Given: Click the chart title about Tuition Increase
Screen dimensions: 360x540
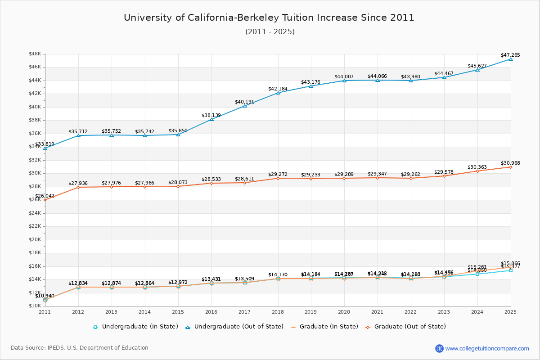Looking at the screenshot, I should [269, 18].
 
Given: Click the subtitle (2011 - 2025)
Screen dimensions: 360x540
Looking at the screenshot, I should [270, 32].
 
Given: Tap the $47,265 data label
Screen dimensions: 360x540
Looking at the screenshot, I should [510, 55].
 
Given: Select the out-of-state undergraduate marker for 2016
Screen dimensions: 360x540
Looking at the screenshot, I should [211, 119].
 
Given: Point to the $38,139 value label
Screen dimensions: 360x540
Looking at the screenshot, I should [211, 115].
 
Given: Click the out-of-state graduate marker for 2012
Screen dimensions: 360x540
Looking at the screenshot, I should [78, 187].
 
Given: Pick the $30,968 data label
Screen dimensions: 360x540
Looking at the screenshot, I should [510, 163].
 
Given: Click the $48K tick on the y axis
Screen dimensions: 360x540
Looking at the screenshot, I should [35, 54].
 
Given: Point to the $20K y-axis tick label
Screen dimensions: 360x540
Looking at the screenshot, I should [35, 240].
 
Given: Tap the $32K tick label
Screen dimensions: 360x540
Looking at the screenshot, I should [35, 160].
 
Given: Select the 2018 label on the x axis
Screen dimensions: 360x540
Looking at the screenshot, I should [278, 312].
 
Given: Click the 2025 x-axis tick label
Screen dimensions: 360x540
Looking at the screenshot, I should [510, 312].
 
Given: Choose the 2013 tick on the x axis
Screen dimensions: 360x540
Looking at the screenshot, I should [111, 312].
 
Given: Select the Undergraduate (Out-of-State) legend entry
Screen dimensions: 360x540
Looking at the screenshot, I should [234, 327].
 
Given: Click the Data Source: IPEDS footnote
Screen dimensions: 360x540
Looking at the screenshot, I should [80, 348].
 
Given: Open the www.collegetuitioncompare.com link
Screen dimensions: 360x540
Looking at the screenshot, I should [487, 348].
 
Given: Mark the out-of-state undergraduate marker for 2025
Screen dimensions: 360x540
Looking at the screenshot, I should [510, 59].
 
